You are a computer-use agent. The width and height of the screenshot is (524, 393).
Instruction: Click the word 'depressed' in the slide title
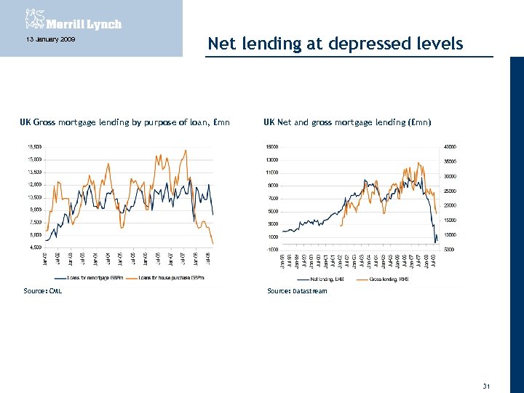(x=370, y=44)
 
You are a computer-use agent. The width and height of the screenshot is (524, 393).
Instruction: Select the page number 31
(x=486, y=365)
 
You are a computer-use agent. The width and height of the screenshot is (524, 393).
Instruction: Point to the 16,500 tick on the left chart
(x=33, y=147)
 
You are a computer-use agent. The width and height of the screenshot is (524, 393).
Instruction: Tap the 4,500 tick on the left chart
(x=34, y=247)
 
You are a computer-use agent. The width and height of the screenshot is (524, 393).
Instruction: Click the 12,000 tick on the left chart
(x=33, y=185)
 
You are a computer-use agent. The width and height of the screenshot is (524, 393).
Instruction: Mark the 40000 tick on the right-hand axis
(x=450, y=147)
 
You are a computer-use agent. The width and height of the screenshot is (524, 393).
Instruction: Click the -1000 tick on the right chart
(x=270, y=249)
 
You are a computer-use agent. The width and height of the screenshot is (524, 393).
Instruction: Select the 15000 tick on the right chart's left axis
(x=270, y=147)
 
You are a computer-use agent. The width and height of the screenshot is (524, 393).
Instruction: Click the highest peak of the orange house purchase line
(x=186, y=151)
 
